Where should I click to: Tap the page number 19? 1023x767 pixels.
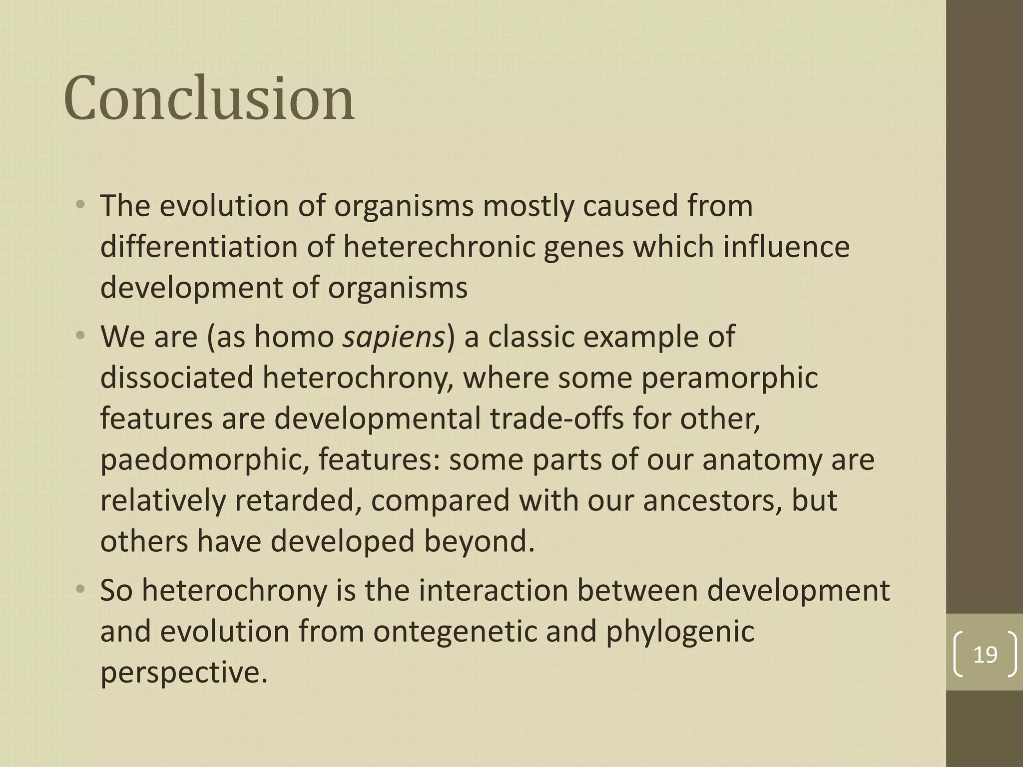click(x=985, y=654)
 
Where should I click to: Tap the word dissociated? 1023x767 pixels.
click(x=177, y=378)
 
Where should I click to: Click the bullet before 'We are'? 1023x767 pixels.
click(x=80, y=337)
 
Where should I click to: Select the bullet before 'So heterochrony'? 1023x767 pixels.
click(x=80, y=590)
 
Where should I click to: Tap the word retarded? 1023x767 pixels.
click(x=299, y=500)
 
